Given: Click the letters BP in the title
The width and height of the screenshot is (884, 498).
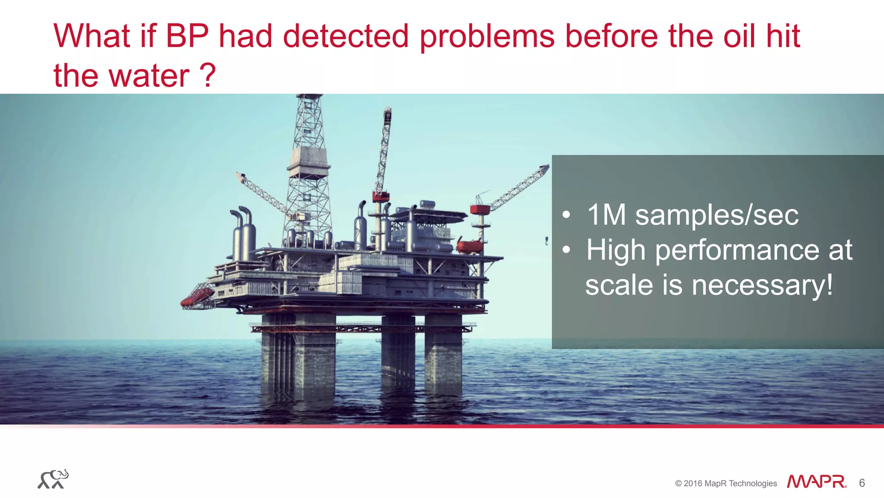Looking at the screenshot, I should (187, 36).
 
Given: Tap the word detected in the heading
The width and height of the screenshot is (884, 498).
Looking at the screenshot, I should (345, 36).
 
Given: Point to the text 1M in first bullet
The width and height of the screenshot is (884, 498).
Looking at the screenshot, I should (606, 215).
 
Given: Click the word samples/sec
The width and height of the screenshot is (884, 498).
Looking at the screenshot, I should (717, 216).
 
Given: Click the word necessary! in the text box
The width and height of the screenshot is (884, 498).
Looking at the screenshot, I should (762, 285).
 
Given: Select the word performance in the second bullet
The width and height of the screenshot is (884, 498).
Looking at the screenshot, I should (737, 251).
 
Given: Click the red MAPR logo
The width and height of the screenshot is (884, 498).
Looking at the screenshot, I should (816, 482).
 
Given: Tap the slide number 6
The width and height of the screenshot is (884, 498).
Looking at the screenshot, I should (862, 483).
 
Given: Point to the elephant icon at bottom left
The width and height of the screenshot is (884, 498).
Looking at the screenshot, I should (53, 479).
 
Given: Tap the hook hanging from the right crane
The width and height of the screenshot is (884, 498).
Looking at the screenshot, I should (546, 241).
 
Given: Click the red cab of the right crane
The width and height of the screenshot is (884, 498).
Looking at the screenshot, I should (480, 209).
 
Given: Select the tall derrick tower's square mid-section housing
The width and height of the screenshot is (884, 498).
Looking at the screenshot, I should (309, 158).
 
